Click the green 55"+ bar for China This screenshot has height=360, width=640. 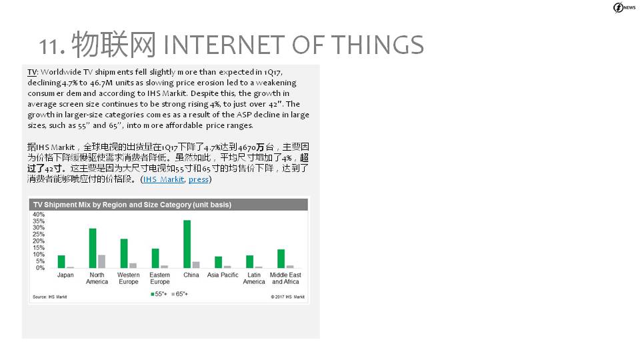click(187, 244)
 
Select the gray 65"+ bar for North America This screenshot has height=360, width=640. click(101, 261)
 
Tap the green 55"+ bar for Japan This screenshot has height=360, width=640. click(61, 261)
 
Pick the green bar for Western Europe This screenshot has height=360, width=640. click(124, 253)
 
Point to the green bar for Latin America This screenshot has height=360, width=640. click(250, 261)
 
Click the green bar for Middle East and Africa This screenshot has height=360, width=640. click(281, 259)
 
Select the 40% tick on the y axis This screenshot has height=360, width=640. click(39, 215)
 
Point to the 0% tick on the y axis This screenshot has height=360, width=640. click(40, 268)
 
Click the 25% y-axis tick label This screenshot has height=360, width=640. click(39, 235)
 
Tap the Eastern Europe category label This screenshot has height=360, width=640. click(159, 279)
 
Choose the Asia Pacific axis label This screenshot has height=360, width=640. click(223, 275)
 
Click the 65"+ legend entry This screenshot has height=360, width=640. click(179, 294)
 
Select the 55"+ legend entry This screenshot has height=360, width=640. click(159, 294)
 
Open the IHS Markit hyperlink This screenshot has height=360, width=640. click(163, 179)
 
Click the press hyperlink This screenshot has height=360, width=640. click(199, 179)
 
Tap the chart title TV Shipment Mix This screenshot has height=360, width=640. click(132, 205)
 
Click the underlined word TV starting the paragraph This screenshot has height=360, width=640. click(32, 72)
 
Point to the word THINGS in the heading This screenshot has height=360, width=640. click(377, 45)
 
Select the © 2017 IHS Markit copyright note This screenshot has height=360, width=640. click(287, 297)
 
